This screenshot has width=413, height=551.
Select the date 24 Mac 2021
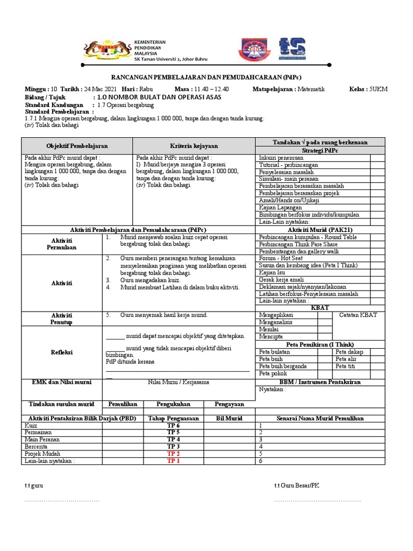(100, 89)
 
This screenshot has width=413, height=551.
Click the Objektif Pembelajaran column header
(77, 146)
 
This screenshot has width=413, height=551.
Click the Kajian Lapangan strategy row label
(279, 207)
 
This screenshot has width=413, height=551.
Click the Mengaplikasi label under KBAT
(277, 315)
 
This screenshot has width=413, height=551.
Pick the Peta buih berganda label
(283, 366)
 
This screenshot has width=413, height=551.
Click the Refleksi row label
(62, 352)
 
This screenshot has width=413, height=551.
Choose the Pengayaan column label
(230, 404)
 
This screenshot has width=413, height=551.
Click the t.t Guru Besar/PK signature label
(296, 485)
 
